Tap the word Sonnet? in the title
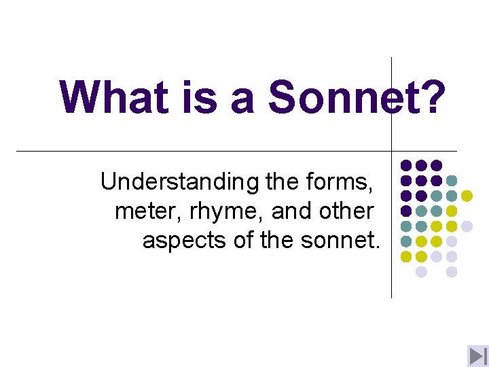357,97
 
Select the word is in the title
200,97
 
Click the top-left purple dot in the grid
406,165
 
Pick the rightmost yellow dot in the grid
467,196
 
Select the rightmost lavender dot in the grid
467,226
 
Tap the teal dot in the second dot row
452,181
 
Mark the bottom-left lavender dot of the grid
421,272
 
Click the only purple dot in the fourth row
406,211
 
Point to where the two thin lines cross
392,151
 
